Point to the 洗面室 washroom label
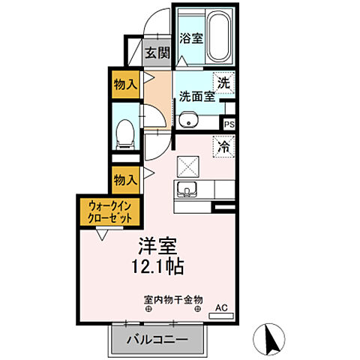click(196, 97)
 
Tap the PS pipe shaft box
click(229, 124)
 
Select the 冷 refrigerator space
click(223, 146)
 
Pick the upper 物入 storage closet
click(125, 83)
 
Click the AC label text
click(221, 307)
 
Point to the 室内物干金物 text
click(173, 298)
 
